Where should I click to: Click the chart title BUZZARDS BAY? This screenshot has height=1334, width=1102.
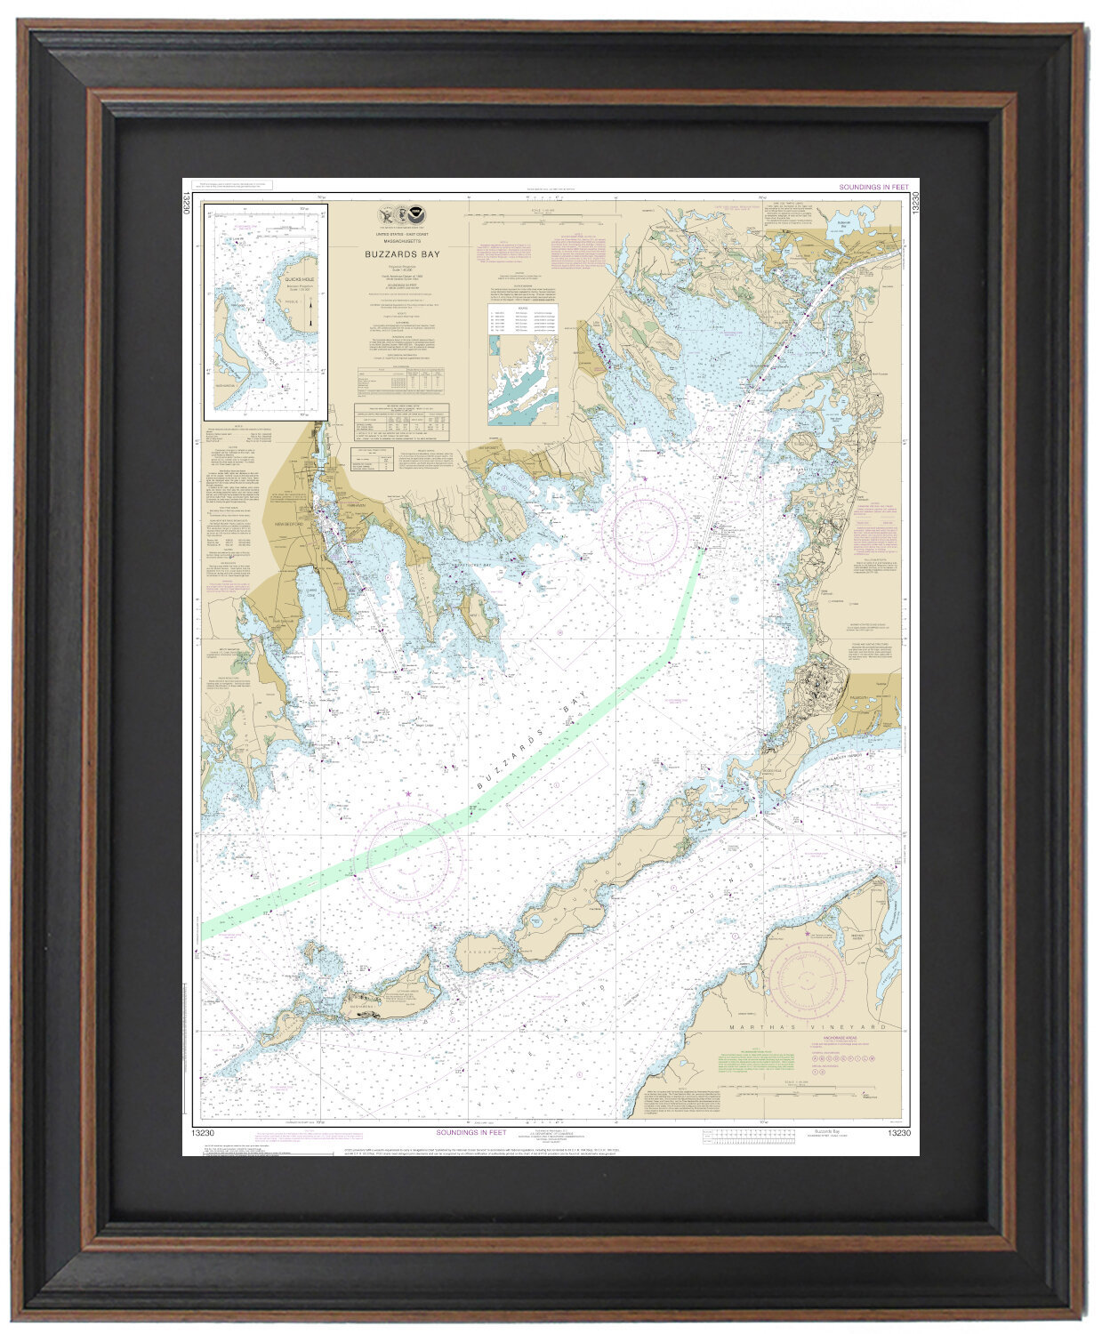pyautogui.click(x=402, y=253)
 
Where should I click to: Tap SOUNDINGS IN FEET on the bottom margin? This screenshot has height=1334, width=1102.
pyautogui.click(x=471, y=1132)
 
